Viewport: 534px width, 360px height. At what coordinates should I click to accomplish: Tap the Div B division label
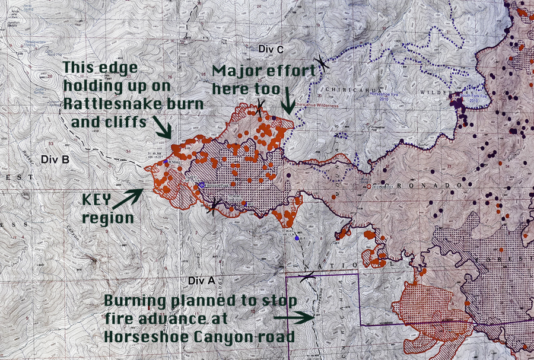pyautogui.click(x=55, y=160)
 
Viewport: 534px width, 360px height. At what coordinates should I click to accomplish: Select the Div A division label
pyautogui.click(x=199, y=279)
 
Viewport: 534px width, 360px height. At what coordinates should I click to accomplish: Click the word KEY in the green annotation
pyautogui.click(x=98, y=200)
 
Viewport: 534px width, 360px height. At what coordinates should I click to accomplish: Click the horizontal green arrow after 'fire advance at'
pyautogui.click(x=294, y=318)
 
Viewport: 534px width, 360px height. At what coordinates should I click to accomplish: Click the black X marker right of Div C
pyautogui.click(x=321, y=60)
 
